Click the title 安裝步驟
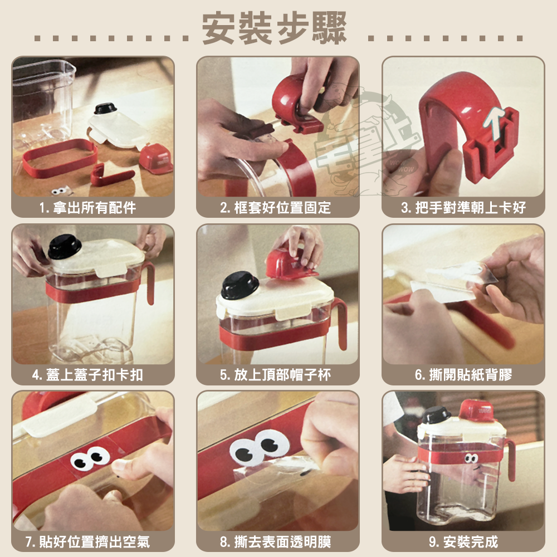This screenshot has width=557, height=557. (x=274, y=28)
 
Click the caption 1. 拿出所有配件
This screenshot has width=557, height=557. (x=88, y=207)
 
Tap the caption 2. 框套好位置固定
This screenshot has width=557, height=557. (x=275, y=207)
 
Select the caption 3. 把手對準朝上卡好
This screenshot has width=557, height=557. (x=463, y=207)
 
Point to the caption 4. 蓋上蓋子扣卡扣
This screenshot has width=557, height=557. (x=87, y=375)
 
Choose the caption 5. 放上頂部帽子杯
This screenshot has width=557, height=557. (x=275, y=375)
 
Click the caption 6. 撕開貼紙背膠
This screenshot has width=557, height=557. (x=463, y=375)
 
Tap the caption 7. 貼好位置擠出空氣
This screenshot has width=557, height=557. (x=87, y=542)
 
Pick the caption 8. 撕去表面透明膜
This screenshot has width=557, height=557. (x=275, y=542)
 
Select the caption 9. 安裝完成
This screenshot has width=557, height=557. (x=463, y=542)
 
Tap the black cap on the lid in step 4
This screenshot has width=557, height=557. (x=64, y=246)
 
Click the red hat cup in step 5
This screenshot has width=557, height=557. (x=290, y=264)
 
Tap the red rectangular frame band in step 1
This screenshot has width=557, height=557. (x=59, y=158)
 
